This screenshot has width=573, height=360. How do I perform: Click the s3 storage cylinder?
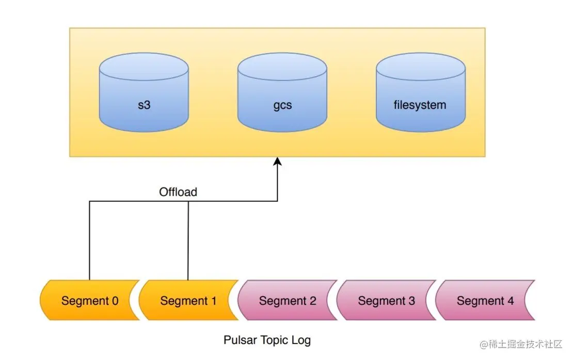click(x=144, y=92)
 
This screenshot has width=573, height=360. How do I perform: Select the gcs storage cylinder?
click(x=282, y=92)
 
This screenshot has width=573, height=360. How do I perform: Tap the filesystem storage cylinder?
click(x=421, y=92)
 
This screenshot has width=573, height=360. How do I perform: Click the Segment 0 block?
click(x=90, y=300)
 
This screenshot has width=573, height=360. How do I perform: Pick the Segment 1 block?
click(x=188, y=300)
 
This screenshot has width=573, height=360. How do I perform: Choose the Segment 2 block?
click(x=288, y=300)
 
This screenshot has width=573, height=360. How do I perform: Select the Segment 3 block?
click(x=386, y=300)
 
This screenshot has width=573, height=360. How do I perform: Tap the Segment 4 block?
click(x=485, y=300)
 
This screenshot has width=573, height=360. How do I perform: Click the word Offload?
click(x=178, y=192)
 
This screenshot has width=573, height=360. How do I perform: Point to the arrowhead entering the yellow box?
click(x=277, y=162)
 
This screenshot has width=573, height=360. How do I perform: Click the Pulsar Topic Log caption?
click(x=267, y=340)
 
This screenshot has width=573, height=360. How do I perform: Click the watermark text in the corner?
click(x=521, y=344)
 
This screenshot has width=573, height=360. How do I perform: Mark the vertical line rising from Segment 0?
click(x=89, y=241)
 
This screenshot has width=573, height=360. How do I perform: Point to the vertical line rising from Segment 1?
click(x=188, y=241)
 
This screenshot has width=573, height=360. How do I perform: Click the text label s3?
click(x=144, y=105)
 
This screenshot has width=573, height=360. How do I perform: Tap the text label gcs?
click(x=282, y=105)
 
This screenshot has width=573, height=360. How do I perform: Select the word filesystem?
click(x=420, y=105)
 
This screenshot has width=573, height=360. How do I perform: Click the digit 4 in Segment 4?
click(x=511, y=301)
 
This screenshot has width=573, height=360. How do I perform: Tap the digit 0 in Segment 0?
click(x=115, y=301)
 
